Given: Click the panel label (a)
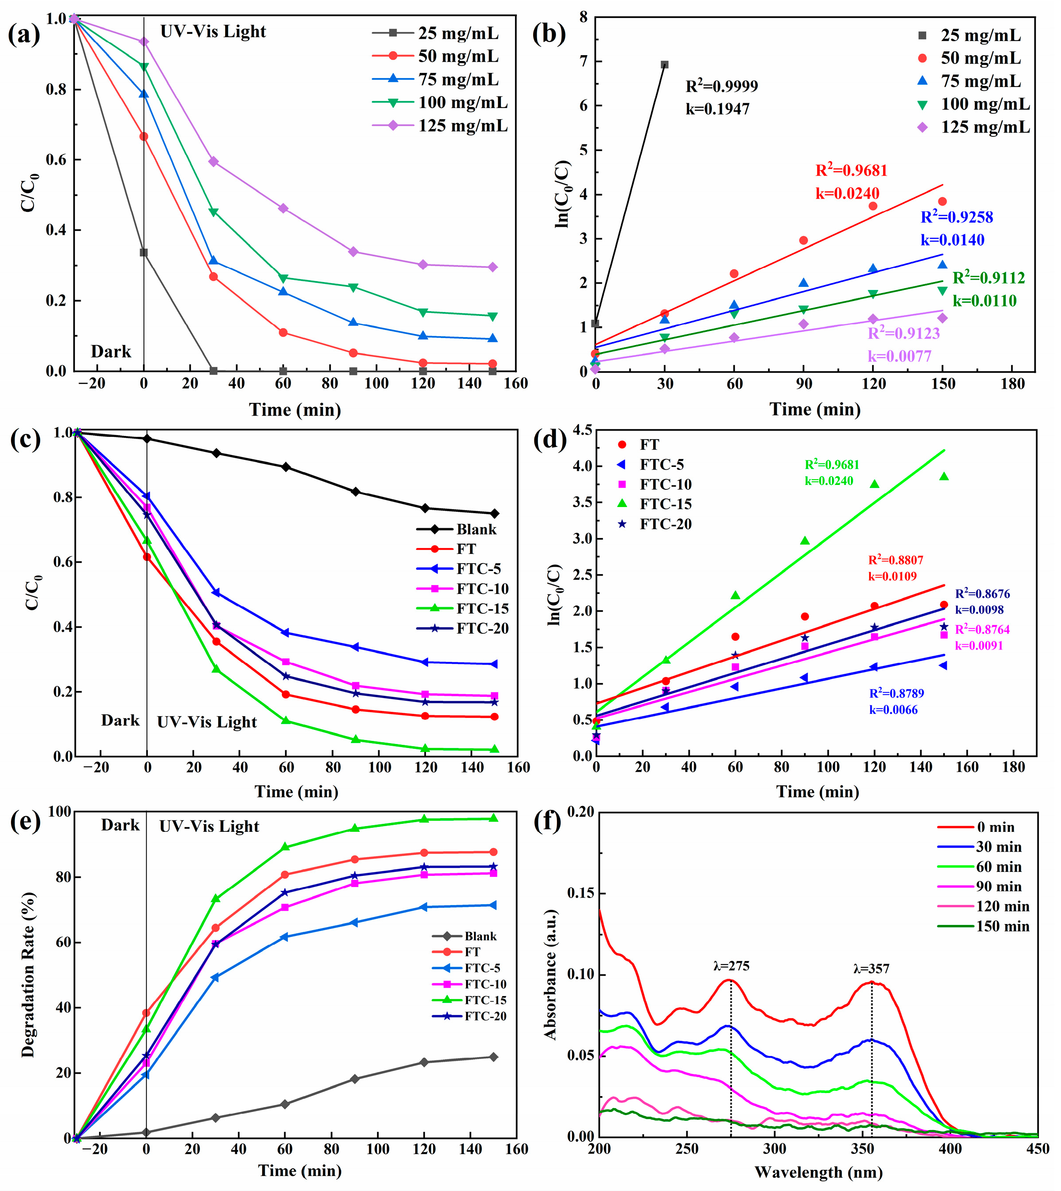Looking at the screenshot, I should tap(24, 34).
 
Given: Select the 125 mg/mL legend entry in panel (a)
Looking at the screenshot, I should tap(462, 126).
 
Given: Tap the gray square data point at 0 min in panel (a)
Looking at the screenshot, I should tap(143, 252).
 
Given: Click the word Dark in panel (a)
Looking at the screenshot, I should tap(111, 352).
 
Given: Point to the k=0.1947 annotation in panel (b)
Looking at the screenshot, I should tap(717, 109).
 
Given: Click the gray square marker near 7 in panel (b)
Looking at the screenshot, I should tap(665, 65).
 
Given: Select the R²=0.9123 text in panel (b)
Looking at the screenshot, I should tap(903, 334).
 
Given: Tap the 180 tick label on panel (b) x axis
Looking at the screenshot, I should tap(1012, 384).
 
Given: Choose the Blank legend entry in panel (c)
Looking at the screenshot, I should tap(476, 530).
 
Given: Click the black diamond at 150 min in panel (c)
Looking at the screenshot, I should tap(495, 514).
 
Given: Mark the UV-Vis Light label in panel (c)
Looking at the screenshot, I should tap(207, 722).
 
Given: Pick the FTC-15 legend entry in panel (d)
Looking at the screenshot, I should tap(665, 504).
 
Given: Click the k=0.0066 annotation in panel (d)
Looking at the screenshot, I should tap(893, 710).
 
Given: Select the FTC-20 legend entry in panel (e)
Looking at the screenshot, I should tap(485, 1016).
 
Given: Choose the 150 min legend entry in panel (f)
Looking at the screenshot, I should tap(1002, 926).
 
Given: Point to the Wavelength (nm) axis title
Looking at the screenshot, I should tap(819, 1173).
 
